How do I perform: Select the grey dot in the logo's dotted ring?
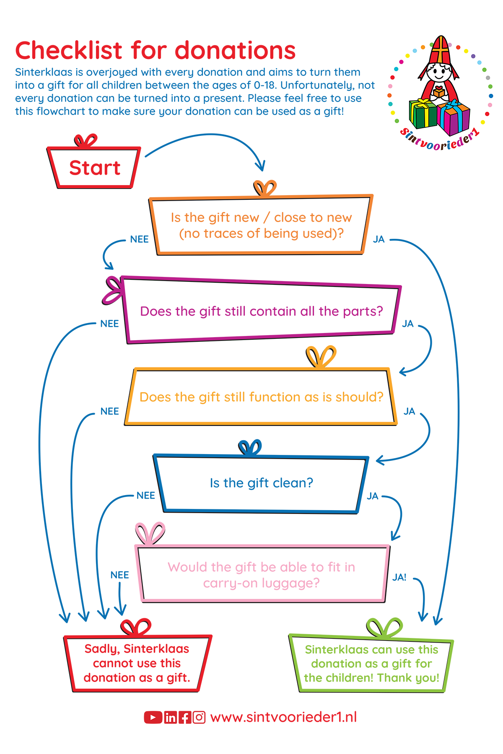pos(488,78)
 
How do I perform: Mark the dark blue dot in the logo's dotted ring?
pos(491,96)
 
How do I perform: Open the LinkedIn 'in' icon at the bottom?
pos(170,718)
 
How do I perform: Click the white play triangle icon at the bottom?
pos(153,718)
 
